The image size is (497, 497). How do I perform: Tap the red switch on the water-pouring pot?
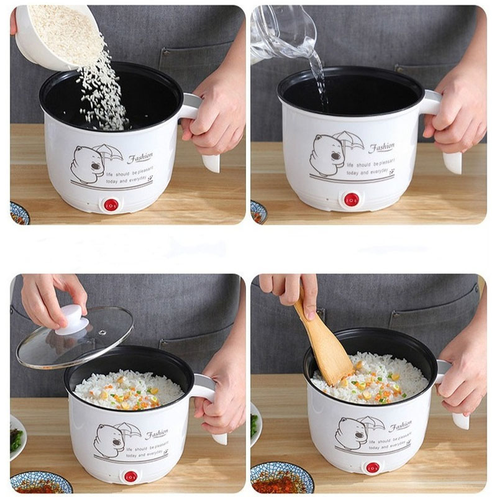point(352,199)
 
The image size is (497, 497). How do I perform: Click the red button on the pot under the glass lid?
point(130,476)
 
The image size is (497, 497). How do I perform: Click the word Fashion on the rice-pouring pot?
point(139,158)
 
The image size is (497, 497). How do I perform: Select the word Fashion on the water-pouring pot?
point(381,148)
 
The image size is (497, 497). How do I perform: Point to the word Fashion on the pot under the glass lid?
point(157,433)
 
